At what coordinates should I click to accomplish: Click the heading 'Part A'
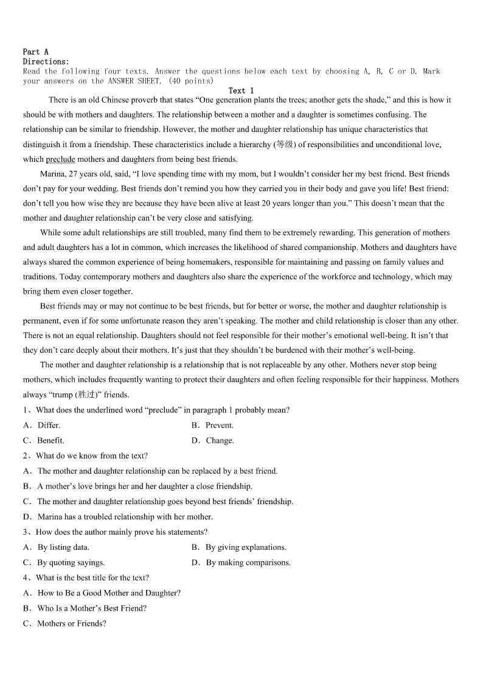coord(35,52)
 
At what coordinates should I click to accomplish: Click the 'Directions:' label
coord(46,61)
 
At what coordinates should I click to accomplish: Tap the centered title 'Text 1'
coord(241,91)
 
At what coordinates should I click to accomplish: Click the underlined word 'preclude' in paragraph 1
coord(60,159)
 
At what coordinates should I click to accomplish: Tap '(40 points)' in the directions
coord(191,81)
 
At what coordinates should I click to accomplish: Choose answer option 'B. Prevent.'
coord(212,425)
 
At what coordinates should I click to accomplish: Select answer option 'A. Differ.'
coord(42,425)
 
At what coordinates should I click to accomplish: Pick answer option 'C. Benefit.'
coord(44,440)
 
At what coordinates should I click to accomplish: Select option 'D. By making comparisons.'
coord(241,563)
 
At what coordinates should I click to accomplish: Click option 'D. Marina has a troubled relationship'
coord(118,517)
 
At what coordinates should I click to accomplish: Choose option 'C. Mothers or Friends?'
coord(64,623)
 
